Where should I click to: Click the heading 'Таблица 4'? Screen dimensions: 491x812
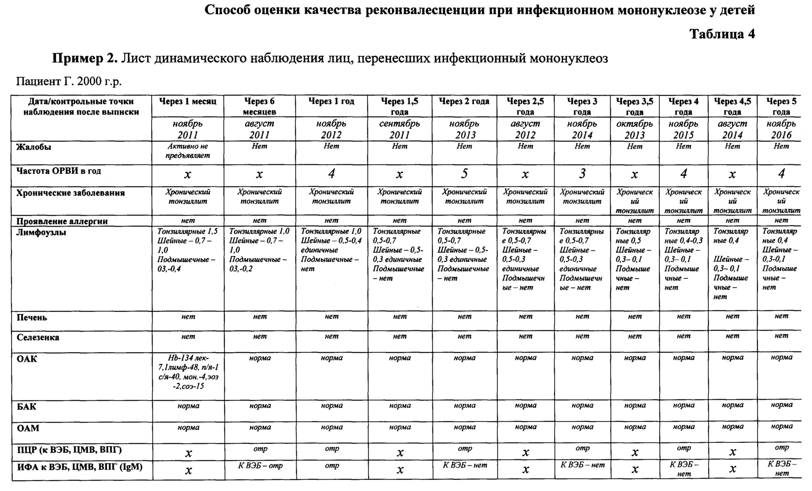tap(722, 34)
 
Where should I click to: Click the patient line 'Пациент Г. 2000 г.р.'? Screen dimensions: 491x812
tap(69, 81)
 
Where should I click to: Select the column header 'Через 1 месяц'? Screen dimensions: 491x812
tap(188, 102)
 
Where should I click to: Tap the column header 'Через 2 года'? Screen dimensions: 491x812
tap(464, 102)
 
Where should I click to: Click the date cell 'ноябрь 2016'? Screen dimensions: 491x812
tap(781, 129)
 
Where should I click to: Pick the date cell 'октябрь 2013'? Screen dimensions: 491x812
tap(634, 129)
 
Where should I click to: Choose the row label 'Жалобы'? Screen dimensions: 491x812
tap(34, 147)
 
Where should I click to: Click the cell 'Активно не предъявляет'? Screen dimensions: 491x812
tap(188, 151)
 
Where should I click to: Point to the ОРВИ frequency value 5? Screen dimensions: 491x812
tap(464, 174)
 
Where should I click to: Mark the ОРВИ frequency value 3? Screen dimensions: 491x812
tap(582, 174)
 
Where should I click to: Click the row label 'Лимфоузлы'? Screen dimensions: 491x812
tap(41, 233)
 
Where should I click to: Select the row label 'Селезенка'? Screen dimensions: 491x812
tap(38, 338)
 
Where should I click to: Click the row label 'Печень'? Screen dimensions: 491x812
tap(32, 318)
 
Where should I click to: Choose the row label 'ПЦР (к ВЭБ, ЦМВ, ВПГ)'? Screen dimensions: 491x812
tap(69, 450)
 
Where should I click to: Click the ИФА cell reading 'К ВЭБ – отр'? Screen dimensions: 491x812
tap(260, 466)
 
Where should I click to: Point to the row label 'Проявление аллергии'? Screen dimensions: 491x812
tap(62, 222)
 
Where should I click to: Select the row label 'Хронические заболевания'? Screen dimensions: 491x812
tap(70, 193)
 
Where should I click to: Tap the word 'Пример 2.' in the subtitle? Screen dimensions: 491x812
tap(85, 58)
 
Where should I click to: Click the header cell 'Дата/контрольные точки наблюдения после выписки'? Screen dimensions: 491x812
tap(81, 107)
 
